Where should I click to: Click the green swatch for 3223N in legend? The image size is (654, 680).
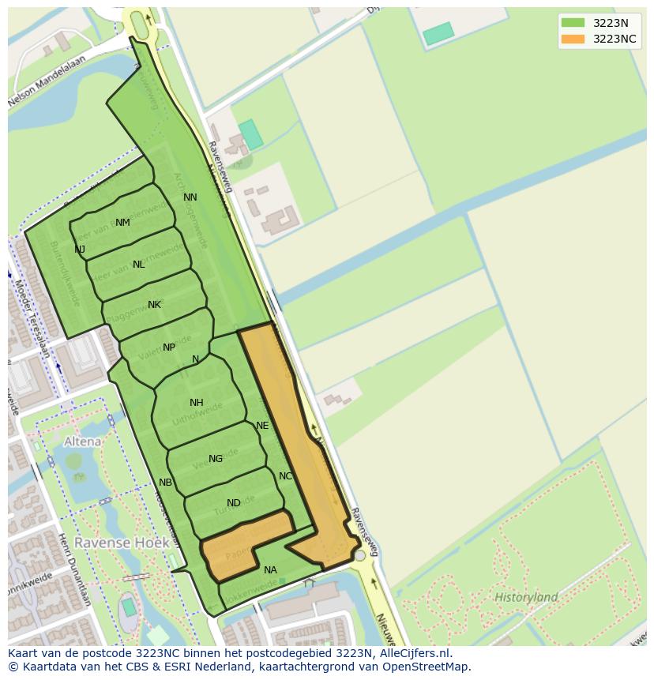pos(573,23)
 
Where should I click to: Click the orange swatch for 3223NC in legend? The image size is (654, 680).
pos(573,39)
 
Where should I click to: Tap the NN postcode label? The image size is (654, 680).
pos(190,197)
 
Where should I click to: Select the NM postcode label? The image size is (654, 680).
pos(122,223)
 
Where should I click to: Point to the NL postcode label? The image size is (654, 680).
pos(139,265)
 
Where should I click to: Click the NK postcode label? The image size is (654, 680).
pos(154,305)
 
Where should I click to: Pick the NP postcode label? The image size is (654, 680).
pos(169,348)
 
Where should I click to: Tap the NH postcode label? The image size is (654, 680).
pos(197,403)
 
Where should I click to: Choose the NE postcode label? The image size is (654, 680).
pos(262,426)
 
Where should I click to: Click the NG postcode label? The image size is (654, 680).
pos(216,459)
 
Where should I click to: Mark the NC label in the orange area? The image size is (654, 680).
pos(286,476)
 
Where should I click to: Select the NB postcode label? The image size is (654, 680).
pos(165,483)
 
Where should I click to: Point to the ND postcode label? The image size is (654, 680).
pos(234,503)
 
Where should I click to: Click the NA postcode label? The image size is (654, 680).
pos(271,570)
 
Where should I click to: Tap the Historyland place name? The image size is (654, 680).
pos(526,597)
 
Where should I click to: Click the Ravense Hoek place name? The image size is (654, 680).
pos(113,543)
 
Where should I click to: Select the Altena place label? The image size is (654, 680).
pos(83,441)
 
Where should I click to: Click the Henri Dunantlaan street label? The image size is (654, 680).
pos(74,569)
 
